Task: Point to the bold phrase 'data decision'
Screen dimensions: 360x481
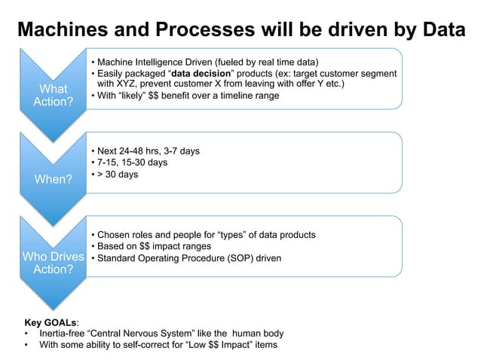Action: tap(204, 73)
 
